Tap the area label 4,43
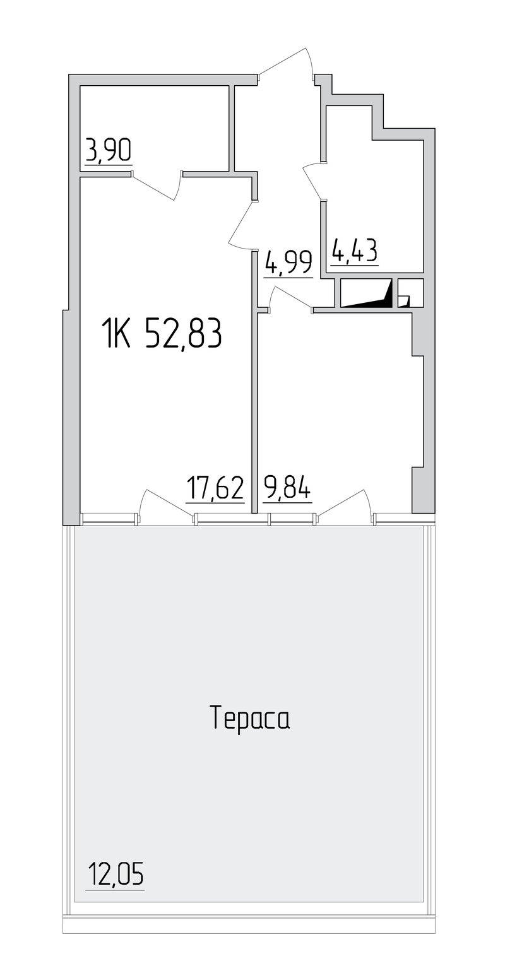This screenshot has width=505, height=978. pyautogui.click(x=355, y=250)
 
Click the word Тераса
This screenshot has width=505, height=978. pyautogui.click(x=251, y=719)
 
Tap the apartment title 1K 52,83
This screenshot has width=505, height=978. pyautogui.click(x=162, y=333)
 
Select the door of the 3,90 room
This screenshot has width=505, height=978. pyautogui.click(x=157, y=186)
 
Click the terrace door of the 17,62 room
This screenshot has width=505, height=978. pyautogui.click(x=166, y=504)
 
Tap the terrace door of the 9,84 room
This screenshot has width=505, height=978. pyautogui.click(x=345, y=504)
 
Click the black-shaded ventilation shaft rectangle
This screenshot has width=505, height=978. pyautogui.click(x=367, y=293)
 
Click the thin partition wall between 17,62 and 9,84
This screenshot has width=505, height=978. pyautogui.click(x=254, y=382)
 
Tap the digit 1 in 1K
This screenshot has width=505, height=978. pyautogui.click(x=107, y=333)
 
